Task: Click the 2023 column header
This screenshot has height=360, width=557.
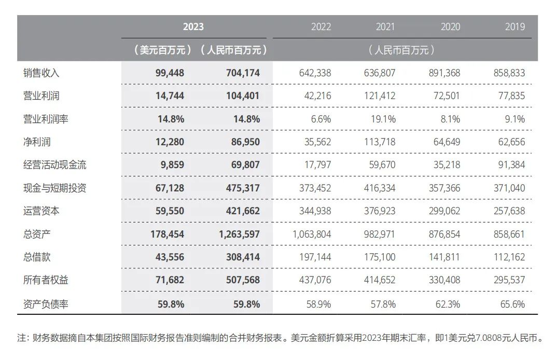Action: (193, 27)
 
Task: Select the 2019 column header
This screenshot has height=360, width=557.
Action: (514, 27)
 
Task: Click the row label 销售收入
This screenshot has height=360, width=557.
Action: (38, 73)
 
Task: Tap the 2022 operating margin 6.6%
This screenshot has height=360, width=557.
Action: (321, 119)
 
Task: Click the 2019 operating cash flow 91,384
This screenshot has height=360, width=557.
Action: (509, 165)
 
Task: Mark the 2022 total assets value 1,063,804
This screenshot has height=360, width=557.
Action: (312, 234)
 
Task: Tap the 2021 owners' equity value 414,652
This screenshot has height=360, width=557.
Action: (380, 280)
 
